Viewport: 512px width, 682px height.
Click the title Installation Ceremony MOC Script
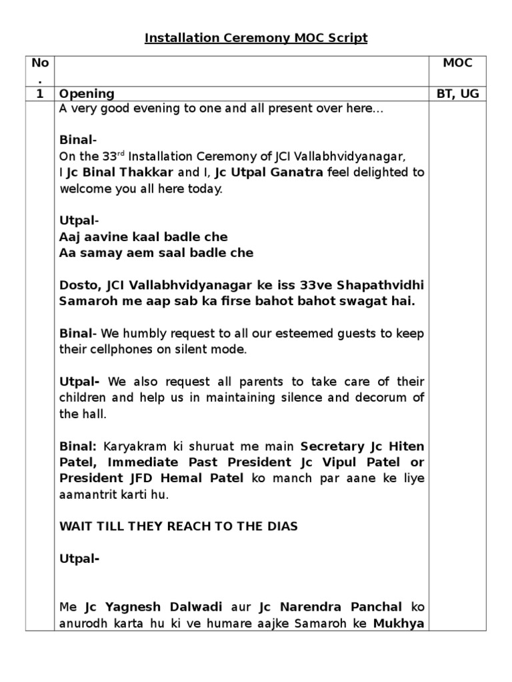[x=256, y=38]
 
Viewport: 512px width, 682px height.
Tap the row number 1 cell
[x=40, y=94]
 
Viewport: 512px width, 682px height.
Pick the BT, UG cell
[x=457, y=94]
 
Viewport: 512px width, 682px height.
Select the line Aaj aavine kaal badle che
[x=143, y=236]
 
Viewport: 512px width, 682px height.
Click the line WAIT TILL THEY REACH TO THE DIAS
[x=179, y=526]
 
